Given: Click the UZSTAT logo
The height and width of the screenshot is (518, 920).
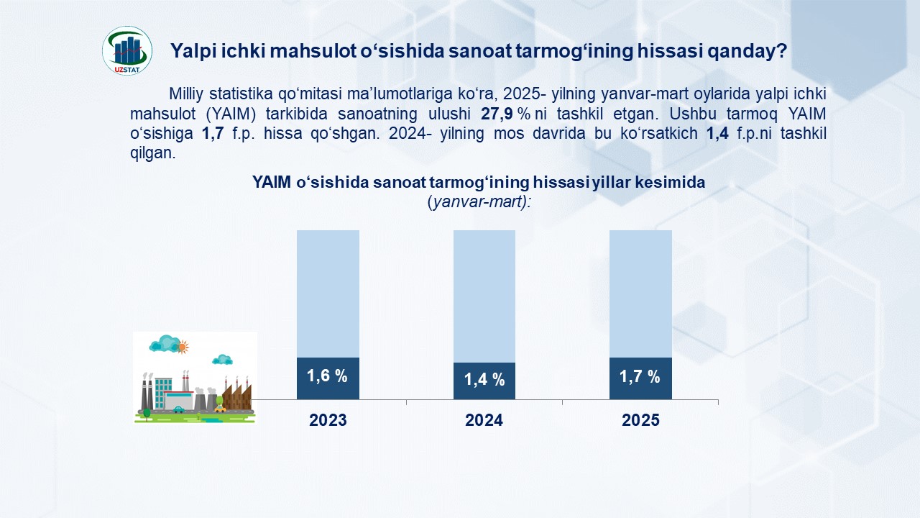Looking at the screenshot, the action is pos(127,51).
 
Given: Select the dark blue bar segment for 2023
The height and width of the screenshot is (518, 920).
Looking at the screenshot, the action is pos(328,378).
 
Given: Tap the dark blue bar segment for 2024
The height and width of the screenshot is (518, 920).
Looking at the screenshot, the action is pos(484,381).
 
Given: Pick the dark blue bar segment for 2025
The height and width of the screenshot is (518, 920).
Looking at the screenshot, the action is pos(640,378).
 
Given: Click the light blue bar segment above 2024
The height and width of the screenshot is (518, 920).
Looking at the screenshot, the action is pos(484,296).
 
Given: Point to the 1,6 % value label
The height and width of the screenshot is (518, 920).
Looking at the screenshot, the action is pos(327,376).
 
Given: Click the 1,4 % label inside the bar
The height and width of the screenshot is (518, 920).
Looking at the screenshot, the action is pos(484,379).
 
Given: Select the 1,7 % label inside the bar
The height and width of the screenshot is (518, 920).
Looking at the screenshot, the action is pos(640,376).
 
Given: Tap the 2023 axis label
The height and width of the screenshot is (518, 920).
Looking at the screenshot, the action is pos(328,420).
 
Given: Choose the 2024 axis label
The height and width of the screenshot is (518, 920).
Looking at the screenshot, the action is pos(484,420).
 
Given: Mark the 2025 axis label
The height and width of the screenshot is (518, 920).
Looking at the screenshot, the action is pos(640,420).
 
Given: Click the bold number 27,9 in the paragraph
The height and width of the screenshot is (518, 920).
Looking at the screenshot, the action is pos(497,114).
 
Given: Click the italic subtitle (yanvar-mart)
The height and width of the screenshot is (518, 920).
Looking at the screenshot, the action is pos(479,202).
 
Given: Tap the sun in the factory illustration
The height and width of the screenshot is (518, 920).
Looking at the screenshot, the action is pos(182,347).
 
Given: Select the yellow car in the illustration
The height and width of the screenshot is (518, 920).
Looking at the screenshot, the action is pos(221,409).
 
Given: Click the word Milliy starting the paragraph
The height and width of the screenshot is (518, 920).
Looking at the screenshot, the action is pos(186,94).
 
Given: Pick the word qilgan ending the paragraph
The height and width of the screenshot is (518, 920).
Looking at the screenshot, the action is pos(153,153).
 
